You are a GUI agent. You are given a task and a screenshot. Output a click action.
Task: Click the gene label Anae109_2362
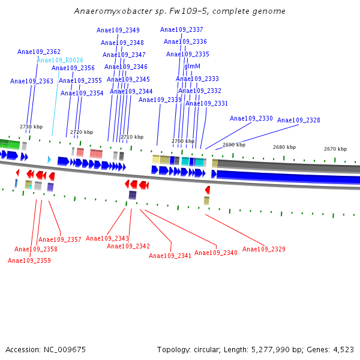pos(39,52)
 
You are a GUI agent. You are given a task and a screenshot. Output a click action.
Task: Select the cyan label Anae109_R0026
pos(60,60)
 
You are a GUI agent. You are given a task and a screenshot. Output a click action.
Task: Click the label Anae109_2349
pos(118,31)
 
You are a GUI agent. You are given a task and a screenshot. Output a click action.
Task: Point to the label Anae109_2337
pos(182,30)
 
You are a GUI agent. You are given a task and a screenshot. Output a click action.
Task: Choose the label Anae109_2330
pos(251,119)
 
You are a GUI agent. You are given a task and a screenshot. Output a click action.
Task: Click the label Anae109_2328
pos(299,121)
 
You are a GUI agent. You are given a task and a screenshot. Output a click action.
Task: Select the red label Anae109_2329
pos(264,249)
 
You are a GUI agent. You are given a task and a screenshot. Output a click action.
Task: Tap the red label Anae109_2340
pos(216,253)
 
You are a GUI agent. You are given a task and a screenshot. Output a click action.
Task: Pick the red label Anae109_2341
pos(170,256)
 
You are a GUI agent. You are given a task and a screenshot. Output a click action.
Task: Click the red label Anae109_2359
pos(29,260)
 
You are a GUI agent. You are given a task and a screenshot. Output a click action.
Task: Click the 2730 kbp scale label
pos(31,127)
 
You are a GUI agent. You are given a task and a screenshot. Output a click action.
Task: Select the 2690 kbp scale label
pos(234,145)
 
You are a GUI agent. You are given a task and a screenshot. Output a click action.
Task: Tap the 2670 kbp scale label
pos(335,149)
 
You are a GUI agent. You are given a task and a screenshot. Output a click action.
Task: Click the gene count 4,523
pos(343,349)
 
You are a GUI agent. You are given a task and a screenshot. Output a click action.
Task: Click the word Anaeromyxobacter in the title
pos(102,11)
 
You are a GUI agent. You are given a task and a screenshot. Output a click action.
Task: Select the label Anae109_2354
pos(82,93)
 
